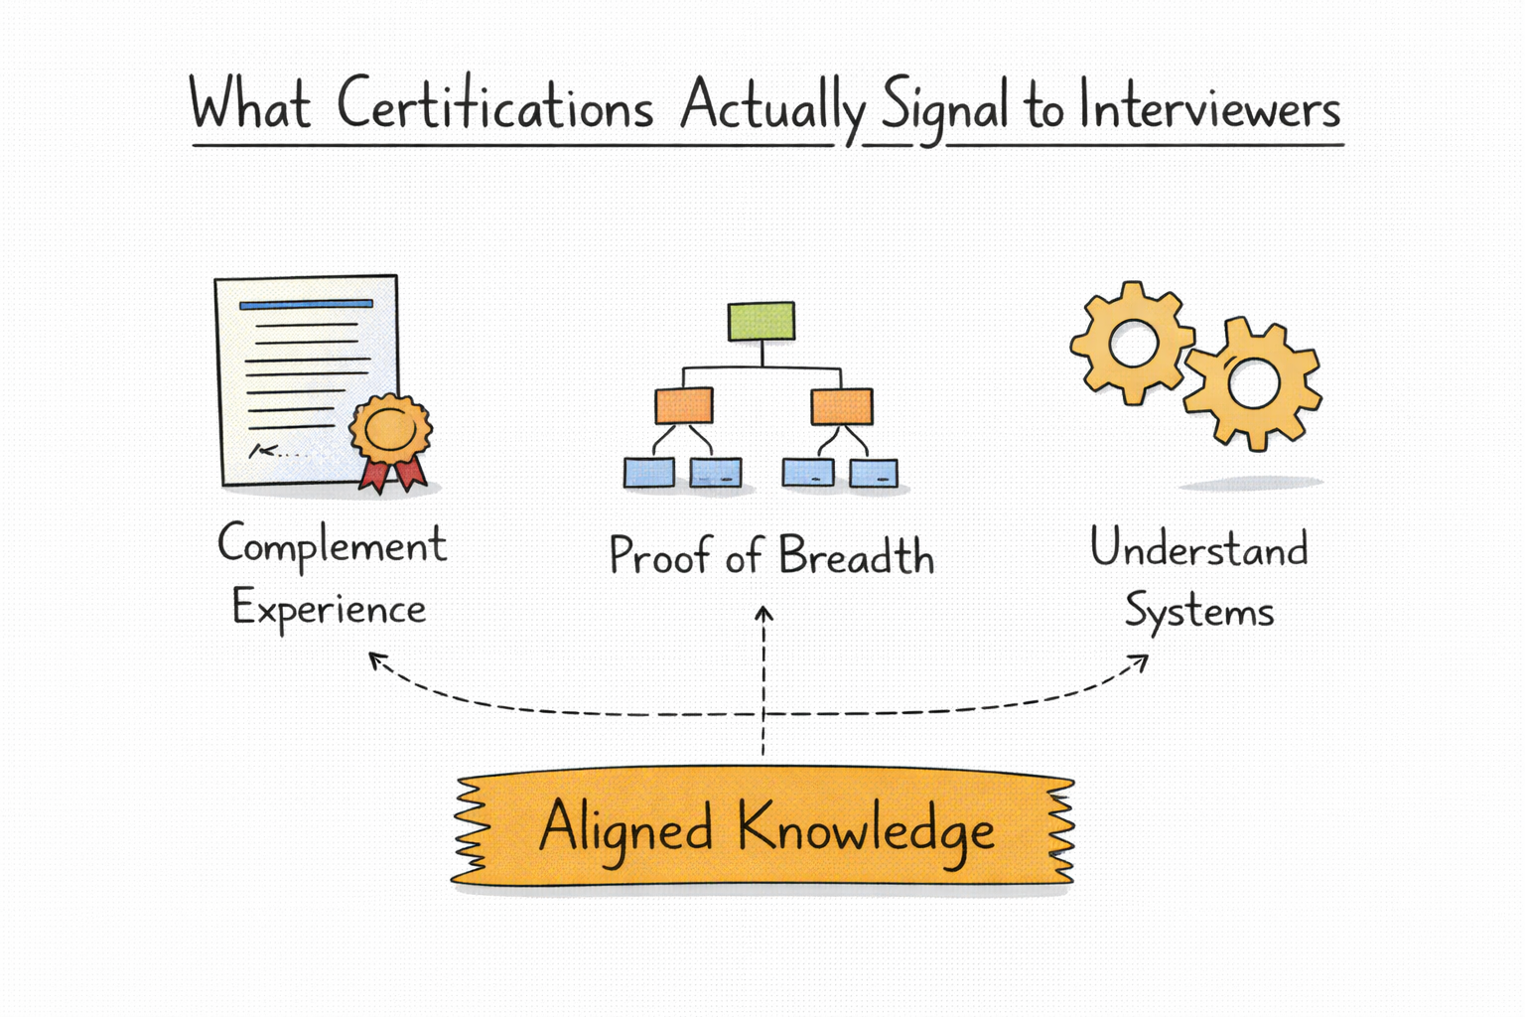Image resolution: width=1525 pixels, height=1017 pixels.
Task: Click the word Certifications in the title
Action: click(x=494, y=105)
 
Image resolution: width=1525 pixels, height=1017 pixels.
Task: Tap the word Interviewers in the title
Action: click(x=1209, y=107)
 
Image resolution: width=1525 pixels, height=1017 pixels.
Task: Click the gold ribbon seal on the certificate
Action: click(x=390, y=428)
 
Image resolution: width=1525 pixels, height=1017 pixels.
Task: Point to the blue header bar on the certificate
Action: click(x=306, y=305)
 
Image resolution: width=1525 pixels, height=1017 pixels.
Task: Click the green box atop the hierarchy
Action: click(x=762, y=321)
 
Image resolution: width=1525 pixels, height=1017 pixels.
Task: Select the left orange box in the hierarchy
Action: click(x=683, y=405)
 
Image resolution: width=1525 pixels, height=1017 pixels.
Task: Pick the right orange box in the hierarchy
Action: click(x=842, y=406)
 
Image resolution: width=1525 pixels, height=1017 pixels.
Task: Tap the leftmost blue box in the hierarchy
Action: click(x=649, y=473)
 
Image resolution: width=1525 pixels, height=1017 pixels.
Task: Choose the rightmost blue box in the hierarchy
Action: click(x=874, y=474)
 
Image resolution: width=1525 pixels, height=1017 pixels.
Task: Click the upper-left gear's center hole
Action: click(x=1133, y=345)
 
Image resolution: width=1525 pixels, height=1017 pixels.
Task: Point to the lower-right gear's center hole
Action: click(x=1253, y=383)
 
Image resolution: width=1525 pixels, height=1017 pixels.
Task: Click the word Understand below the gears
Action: click(x=1198, y=548)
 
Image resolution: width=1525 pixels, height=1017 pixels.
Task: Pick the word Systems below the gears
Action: click(x=1198, y=611)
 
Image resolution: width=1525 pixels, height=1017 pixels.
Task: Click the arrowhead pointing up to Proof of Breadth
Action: click(x=763, y=613)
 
